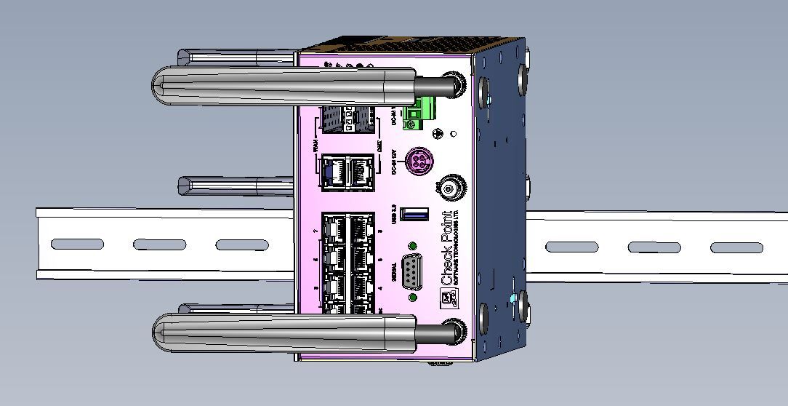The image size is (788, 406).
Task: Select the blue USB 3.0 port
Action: click(414, 215)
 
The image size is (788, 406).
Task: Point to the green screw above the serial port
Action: click(413, 247)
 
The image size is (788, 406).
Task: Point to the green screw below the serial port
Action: click(413, 297)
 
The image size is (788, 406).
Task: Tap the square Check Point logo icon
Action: click(447, 296)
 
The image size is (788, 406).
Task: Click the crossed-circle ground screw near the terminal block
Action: click(438, 133)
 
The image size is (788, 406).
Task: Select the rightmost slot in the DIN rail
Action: click(736, 247)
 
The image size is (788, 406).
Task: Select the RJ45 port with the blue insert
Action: click(334, 173)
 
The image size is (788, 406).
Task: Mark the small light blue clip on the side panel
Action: click(515, 299)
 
